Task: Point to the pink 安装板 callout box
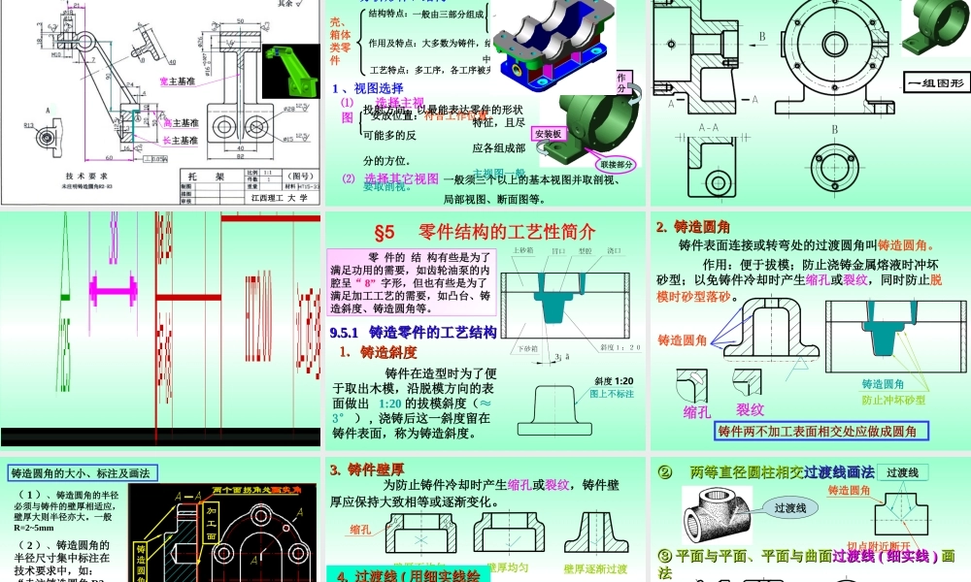pos(550,135)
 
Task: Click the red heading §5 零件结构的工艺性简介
pos(485,232)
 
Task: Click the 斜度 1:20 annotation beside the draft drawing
pos(612,381)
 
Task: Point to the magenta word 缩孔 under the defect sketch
pos(697,411)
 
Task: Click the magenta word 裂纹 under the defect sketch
pos(750,409)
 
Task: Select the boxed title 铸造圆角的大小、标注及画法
pos(81,473)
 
